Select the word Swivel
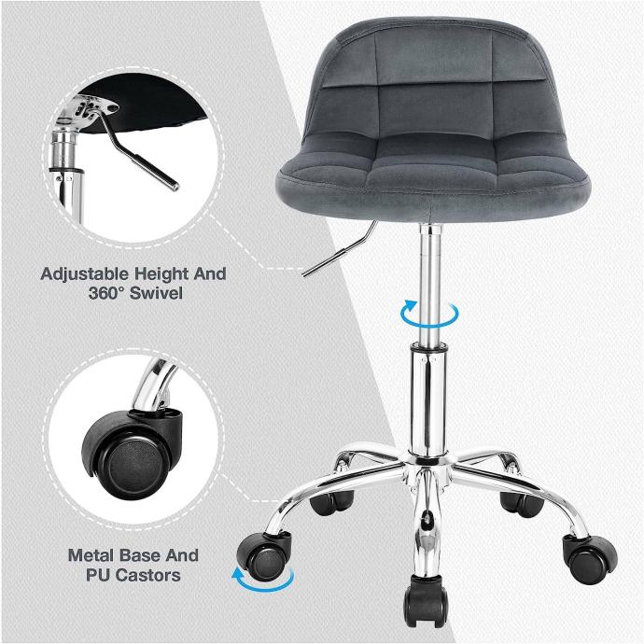click(156, 293)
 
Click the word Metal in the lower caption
click(93, 555)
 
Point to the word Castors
click(147, 576)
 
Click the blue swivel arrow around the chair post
click(429, 315)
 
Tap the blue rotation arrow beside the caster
click(263, 579)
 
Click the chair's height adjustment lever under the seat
click(340, 249)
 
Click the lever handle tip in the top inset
click(175, 186)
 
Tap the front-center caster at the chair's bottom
click(425, 598)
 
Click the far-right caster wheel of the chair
click(589, 558)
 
